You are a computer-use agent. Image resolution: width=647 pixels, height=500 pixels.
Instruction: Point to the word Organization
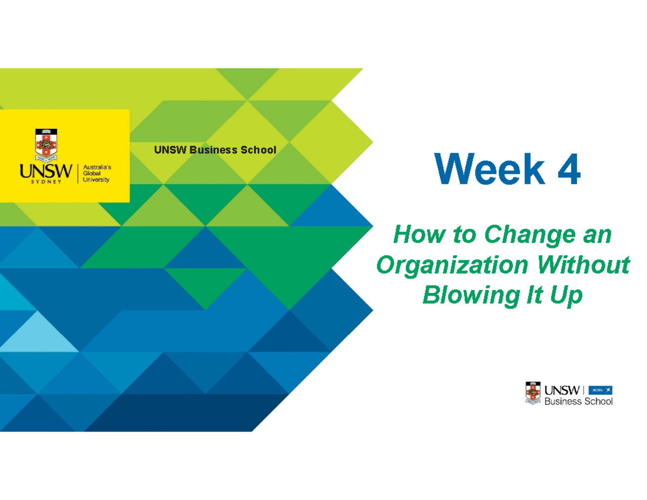(451, 265)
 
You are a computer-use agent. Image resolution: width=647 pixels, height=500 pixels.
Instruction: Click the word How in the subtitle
(413, 236)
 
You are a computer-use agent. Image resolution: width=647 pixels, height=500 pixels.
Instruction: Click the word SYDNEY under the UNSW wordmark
(45, 182)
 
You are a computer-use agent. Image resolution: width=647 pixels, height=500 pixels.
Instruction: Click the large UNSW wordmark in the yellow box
(45, 171)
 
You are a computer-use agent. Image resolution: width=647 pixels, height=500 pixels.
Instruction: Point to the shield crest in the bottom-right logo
(533, 393)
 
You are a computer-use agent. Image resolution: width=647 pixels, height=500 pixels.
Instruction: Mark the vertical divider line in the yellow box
(79, 173)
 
